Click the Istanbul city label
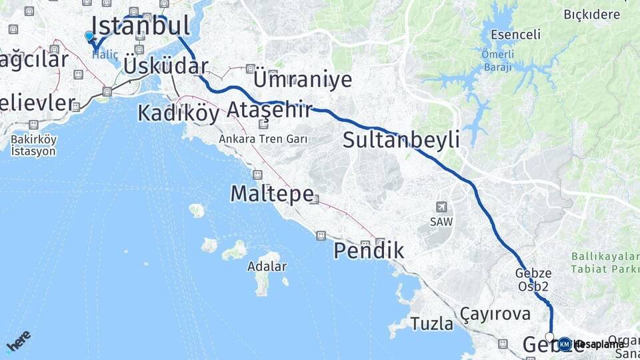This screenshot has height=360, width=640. click(140, 26)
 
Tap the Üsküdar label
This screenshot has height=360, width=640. click(166, 66)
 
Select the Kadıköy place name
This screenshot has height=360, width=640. click(178, 113)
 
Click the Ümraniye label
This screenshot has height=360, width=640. click(303, 80)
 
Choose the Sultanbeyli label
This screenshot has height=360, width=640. click(401, 140)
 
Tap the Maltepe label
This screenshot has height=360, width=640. click(272, 194)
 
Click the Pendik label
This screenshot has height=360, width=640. click(369, 251)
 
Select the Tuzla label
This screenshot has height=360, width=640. click(431, 324)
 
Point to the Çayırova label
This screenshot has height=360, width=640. click(495, 313)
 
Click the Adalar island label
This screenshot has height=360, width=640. click(267, 267)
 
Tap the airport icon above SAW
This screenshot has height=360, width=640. click(441, 207)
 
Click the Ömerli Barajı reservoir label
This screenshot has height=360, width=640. click(497, 62)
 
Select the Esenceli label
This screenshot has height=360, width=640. click(515, 35)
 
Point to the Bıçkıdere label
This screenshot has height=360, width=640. click(592, 14)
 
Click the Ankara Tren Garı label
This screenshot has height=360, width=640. click(263, 139)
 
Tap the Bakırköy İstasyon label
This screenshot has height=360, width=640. click(34, 145)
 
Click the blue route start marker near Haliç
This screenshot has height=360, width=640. click(89, 36)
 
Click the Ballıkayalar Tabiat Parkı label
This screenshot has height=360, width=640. click(604, 263)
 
